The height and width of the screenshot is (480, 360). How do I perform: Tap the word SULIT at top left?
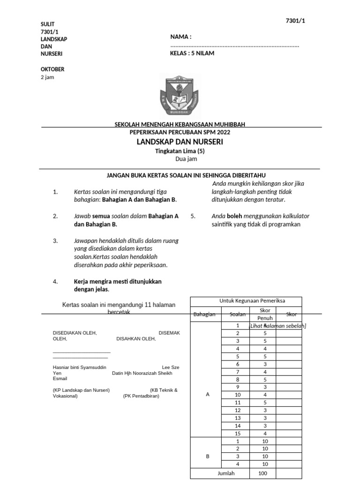coord(48,24)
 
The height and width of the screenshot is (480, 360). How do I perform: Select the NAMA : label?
coord(180,37)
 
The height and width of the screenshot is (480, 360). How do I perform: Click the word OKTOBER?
coord(52,69)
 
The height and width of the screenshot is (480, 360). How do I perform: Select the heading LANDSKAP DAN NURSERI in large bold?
coord(180,142)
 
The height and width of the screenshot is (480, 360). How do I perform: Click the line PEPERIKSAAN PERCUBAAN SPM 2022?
coord(180,132)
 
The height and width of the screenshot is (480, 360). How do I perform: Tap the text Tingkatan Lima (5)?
coord(180,151)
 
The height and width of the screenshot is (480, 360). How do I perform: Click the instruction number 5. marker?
coord(193,216)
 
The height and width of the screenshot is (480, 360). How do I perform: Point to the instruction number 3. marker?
coord(55,240)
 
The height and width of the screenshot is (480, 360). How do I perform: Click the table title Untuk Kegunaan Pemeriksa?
coord(246,301)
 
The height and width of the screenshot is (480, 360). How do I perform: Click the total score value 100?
coord(262,473)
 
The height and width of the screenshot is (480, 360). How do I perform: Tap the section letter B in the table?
coord(208,456)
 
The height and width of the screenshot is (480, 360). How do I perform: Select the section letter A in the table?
coord(208,395)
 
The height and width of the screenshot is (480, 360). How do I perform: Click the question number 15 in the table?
coord(238,433)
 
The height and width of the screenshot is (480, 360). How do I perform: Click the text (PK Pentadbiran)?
coord(141,396)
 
